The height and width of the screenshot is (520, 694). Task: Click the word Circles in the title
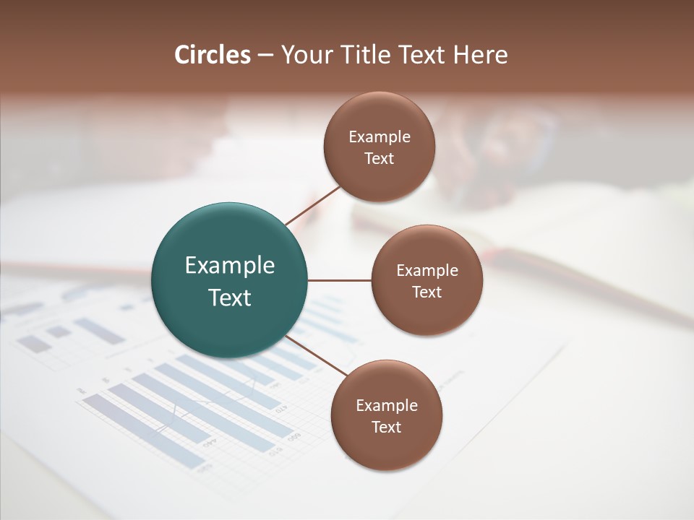pyautogui.click(x=213, y=55)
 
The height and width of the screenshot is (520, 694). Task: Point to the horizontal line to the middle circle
pyautogui.click(x=339, y=280)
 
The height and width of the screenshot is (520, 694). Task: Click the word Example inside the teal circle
pyautogui.click(x=230, y=265)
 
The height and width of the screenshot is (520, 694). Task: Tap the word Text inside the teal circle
pyautogui.click(x=230, y=298)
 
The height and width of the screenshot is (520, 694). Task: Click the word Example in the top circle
pyautogui.click(x=379, y=137)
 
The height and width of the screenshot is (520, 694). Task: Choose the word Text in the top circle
pyautogui.click(x=379, y=159)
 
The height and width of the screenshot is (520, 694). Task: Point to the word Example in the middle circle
pyautogui.click(x=427, y=271)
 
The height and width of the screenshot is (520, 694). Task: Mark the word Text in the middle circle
pyautogui.click(x=427, y=292)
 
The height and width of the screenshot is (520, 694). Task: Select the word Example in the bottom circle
pyautogui.click(x=386, y=405)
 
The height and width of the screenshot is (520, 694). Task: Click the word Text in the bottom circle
pyautogui.click(x=386, y=427)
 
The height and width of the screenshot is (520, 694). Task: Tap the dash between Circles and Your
pyautogui.click(x=265, y=56)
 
